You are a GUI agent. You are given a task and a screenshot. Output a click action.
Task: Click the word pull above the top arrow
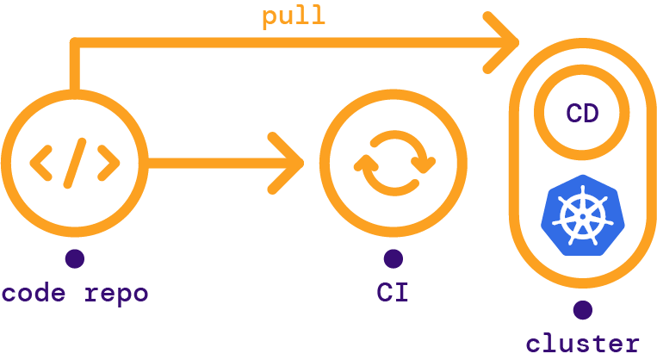coord(294,16)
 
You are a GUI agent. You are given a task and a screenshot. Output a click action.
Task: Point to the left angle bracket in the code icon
coord(41,161)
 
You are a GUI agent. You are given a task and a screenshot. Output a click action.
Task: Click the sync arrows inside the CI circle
coord(393,162)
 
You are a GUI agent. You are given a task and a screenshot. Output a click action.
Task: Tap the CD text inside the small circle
coord(582,114)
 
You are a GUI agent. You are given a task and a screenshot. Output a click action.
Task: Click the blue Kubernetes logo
coord(581,215)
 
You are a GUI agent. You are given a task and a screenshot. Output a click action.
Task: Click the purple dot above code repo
coord(74,258)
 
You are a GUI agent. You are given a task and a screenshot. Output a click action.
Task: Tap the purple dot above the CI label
coord(393,258)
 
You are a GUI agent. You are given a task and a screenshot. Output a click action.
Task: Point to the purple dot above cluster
coord(582,308)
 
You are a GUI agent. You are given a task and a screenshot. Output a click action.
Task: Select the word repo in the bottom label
coord(116,295)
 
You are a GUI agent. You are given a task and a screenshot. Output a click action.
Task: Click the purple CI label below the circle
coord(393,293)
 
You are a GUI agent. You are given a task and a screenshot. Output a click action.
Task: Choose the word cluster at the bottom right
coord(582,343)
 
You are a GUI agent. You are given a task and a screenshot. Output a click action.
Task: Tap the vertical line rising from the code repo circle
coord(74,69)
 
